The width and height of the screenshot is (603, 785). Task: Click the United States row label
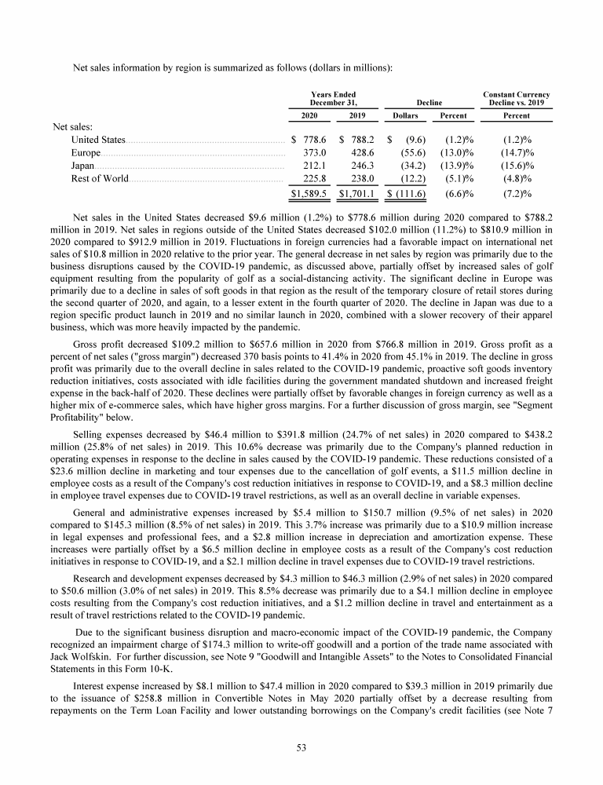coord(93,139)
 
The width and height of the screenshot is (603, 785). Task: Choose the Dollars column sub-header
coord(405,115)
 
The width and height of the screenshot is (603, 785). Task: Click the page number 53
coord(301,747)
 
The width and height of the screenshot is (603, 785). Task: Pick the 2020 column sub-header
coord(309,115)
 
